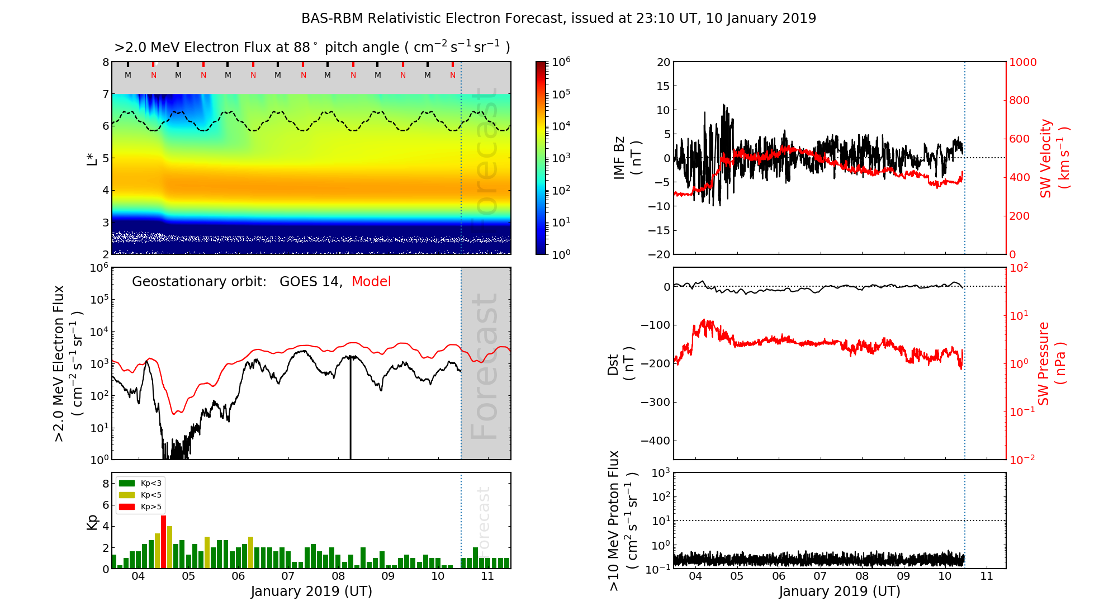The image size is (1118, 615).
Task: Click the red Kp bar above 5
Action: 163,541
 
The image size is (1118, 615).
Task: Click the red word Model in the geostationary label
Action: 371,282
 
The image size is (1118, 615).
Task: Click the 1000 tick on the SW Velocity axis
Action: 1022,62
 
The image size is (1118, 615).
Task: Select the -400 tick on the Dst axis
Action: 655,441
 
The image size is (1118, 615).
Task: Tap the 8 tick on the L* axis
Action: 106,62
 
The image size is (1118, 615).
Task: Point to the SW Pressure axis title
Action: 1051,363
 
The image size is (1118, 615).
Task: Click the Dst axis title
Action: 620,363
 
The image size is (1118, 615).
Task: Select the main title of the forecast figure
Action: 558,18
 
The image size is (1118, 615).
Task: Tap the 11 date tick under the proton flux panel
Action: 987,576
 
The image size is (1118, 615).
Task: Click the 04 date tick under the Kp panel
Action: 138,576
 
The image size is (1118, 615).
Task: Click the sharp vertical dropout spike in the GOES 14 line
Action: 350,414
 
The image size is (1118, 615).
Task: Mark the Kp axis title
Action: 92,522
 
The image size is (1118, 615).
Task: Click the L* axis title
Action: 92,158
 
